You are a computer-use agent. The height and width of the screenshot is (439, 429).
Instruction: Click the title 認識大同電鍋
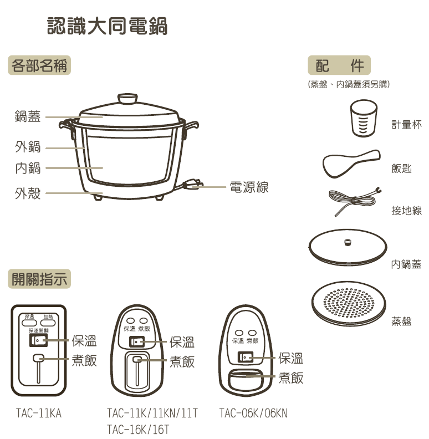[x=108, y=26]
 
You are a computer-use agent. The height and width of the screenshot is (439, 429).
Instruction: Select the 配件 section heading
[x=339, y=66]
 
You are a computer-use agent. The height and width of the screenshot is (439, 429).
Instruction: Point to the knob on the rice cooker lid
[x=127, y=99]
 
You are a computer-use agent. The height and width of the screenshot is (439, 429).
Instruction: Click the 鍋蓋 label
[x=28, y=117]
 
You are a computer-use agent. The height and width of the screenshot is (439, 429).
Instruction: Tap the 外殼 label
[x=28, y=193]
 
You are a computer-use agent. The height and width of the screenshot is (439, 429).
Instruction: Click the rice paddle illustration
[x=351, y=163]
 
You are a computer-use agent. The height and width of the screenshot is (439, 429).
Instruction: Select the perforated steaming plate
[x=348, y=303]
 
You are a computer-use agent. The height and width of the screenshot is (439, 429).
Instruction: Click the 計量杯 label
[x=406, y=125]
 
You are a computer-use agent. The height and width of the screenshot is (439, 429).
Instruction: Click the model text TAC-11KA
[x=38, y=414]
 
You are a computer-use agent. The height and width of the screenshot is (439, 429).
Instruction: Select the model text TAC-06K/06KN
[x=253, y=414]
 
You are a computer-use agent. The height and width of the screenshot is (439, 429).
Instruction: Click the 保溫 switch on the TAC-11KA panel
[x=38, y=339]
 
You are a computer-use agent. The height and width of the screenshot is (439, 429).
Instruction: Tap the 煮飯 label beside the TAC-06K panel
[x=290, y=378]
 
